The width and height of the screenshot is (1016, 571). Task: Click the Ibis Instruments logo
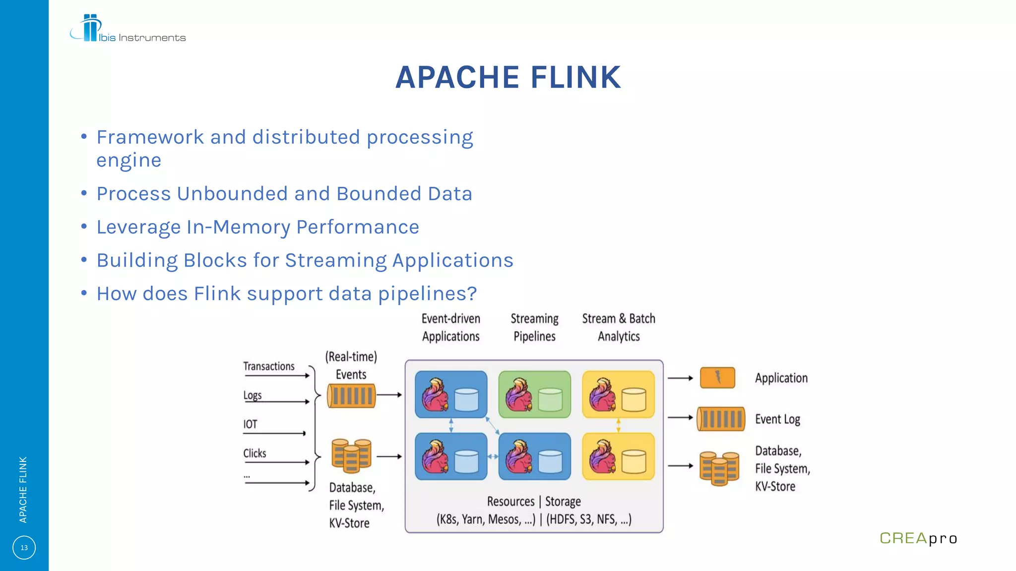(127, 29)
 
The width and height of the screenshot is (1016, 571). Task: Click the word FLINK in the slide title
(575, 78)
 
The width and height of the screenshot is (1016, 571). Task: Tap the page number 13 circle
(24, 548)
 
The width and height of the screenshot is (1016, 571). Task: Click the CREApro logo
(918, 538)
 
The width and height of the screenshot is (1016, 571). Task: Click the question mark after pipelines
(472, 293)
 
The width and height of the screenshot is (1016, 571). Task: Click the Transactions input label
(269, 366)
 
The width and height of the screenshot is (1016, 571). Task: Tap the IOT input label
(250, 424)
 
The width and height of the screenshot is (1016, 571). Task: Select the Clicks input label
(254, 453)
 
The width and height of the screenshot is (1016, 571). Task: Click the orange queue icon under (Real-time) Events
(351, 396)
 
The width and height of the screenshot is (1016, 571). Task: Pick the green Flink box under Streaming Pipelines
(534, 395)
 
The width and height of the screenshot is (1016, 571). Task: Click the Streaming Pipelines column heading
(534, 327)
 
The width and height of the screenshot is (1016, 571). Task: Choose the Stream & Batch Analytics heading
(619, 327)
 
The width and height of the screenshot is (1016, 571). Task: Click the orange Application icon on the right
(717, 378)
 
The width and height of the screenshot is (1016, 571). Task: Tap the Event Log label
(777, 419)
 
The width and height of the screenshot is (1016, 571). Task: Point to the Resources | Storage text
(534, 502)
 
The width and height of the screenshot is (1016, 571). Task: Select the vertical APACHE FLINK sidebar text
(23, 489)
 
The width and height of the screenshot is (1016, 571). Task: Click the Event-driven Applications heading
(450, 327)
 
